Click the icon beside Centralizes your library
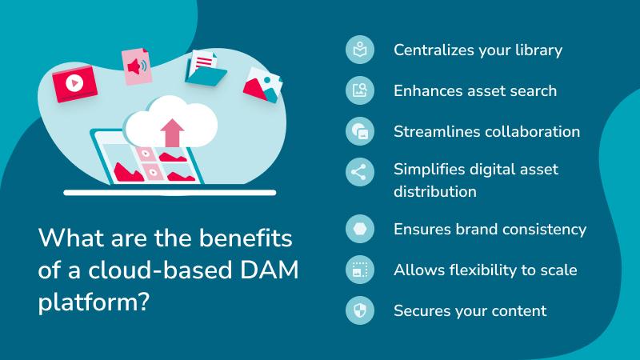point(360,50)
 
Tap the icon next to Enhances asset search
point(360,90)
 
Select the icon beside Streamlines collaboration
point(360,131)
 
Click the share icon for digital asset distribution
point(360,172)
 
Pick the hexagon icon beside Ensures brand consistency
point(360,230)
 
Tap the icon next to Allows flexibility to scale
point(360,270)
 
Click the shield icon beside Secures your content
point(360,310)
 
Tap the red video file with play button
point(74,82)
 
